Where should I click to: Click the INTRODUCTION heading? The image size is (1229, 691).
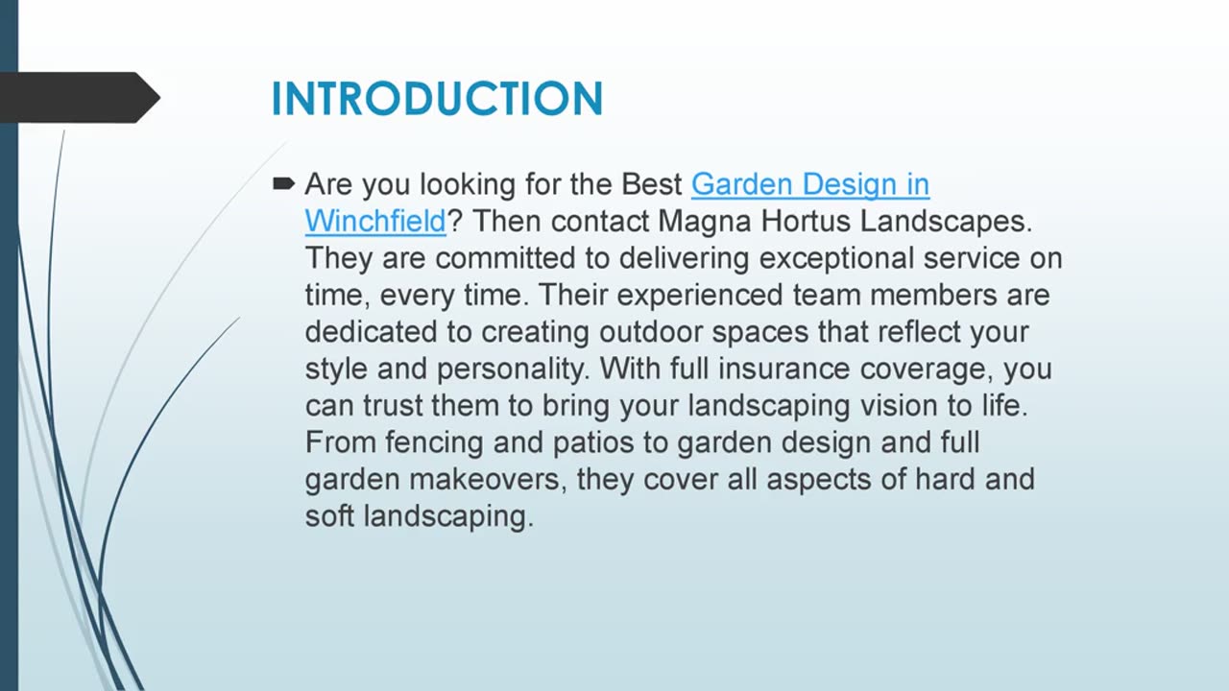[437, 99]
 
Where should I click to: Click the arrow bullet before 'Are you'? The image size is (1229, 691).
[283, 182]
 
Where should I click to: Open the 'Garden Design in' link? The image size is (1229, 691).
[809, 184]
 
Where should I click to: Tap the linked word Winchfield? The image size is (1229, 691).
[375, 221]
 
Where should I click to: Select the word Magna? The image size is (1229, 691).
[705, 221]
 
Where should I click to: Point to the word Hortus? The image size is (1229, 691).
[806, 221]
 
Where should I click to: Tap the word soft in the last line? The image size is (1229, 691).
[328, 515]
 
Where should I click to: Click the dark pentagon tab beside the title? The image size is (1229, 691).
[77, 97]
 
